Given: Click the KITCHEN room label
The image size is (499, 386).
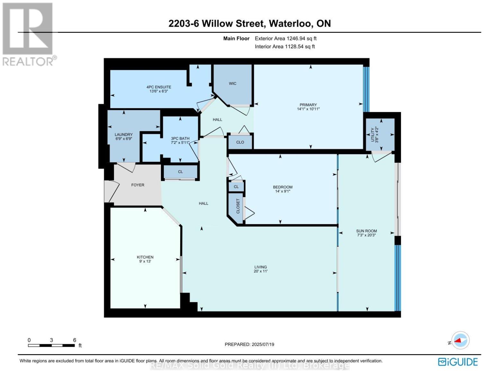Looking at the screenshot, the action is (145, 257).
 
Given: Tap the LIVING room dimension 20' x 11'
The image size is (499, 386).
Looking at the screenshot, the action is (260, 271).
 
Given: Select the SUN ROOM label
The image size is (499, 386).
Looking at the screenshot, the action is (367, 231).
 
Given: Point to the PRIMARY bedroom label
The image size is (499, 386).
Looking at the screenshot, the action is (308, 105).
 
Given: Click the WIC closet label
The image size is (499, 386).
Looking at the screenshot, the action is (232, 83).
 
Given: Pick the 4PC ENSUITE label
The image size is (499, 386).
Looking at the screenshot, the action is (159, 87).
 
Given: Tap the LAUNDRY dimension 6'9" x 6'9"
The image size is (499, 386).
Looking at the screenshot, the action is (124, 139).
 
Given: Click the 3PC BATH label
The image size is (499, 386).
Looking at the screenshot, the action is (180, 138).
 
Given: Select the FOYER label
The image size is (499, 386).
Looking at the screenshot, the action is (138, 185).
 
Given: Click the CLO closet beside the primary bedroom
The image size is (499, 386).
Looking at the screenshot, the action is (240, 142).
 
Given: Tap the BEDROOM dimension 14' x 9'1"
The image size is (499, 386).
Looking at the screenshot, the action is (283, 191).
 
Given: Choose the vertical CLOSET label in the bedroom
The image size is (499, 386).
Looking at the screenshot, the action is (238, 206).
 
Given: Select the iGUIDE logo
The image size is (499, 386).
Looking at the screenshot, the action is (458, 362).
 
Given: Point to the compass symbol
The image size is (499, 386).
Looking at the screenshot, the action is (460, 340).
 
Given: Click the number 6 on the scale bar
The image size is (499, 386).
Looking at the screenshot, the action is (75, 340).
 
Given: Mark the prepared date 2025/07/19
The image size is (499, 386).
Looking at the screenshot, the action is (263, 345).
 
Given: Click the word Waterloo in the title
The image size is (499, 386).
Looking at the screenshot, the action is (290, 24).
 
